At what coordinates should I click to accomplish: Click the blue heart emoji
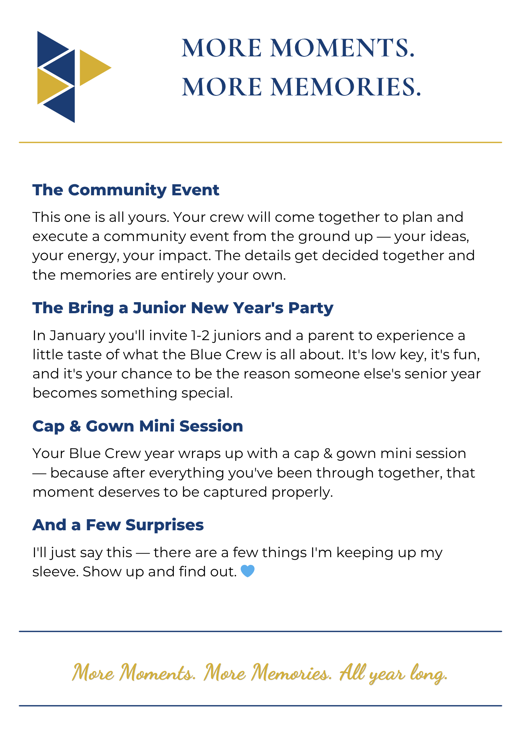[x=248, y=572]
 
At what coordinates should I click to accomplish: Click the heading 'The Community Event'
[x=126, y=190]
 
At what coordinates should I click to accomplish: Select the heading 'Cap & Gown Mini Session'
[x=138, y=426]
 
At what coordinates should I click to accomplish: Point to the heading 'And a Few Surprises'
[x=118, y=525]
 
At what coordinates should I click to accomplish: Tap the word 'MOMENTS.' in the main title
[x=343, y=48]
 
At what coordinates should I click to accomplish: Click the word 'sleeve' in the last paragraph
[x=55, y=572]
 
